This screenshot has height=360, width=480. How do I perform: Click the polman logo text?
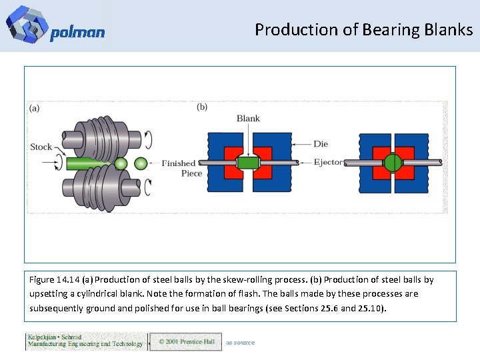pos(77,33)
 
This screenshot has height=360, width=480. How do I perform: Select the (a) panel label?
pos(34,107)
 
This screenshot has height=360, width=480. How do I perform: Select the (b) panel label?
pos(202,107)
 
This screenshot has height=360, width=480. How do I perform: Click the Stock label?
pos(41,147)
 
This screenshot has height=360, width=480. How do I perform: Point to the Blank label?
pos(248,119)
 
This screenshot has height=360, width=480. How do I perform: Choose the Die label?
pos(321,143)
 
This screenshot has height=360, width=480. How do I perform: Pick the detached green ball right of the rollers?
pos(141,163)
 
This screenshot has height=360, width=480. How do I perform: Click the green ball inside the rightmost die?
pos(393,163)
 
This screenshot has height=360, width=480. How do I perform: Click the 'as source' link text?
pos(240,343)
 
